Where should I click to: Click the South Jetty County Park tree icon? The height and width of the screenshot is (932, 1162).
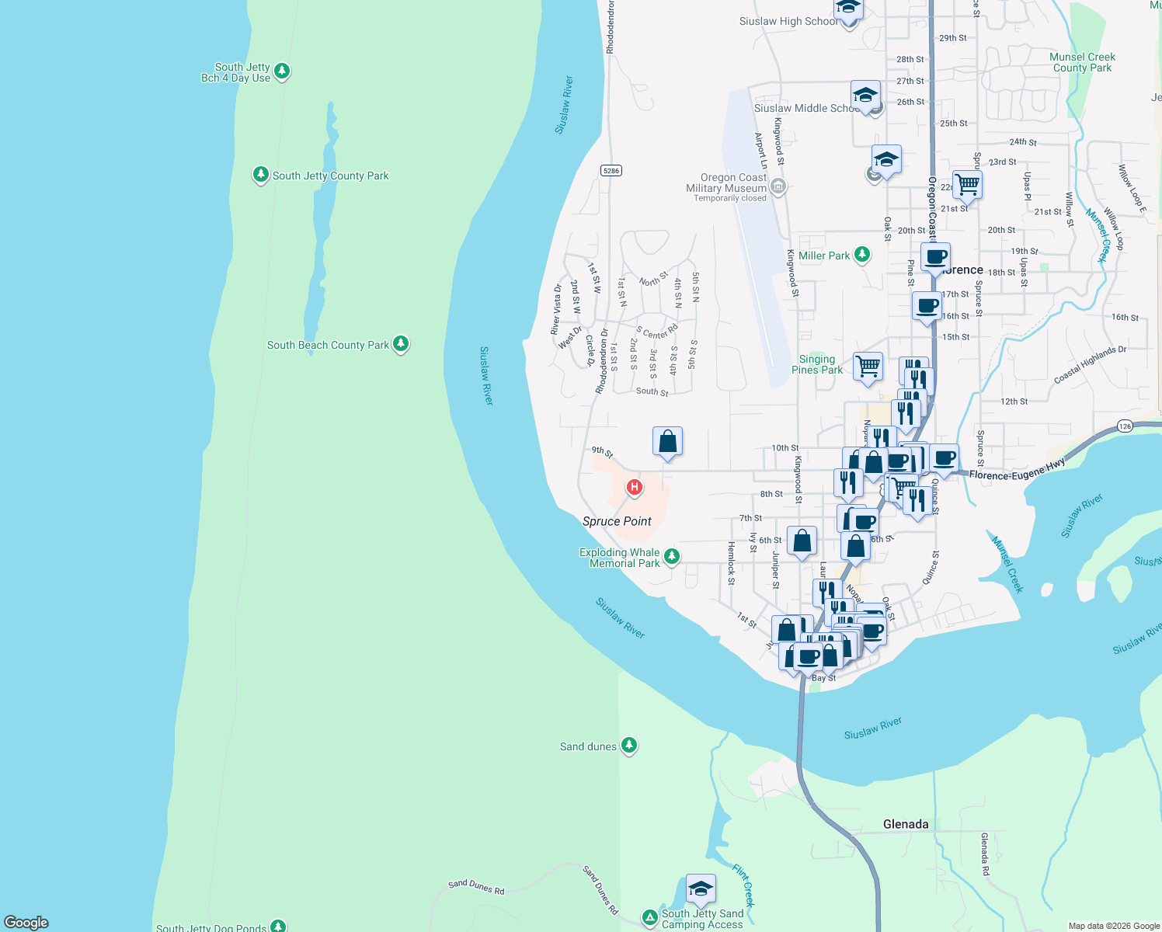point(261,175)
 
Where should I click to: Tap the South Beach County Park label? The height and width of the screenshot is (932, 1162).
point(328,345)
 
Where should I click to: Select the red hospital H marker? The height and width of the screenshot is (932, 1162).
point(635,488)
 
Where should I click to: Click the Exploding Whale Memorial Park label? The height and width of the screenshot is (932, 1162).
point(620,558)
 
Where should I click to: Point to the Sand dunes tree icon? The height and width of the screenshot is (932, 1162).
point(629,746)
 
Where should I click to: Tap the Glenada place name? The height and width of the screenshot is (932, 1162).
point(906,824)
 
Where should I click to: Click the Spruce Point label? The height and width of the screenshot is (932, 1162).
point(617,521)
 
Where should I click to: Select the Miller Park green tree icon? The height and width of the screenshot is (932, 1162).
point(861,255)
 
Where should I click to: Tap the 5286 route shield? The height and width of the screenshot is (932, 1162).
point(611,170)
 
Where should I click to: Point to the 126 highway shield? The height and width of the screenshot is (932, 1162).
point(1125,426)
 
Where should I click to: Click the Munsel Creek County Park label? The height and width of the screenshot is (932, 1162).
point(1082,62)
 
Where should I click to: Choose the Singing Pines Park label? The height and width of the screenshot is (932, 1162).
point(817,364)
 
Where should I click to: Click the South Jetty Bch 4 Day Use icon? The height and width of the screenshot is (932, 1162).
point(282,71)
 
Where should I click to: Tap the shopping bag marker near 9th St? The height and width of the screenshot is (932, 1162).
point(668,442)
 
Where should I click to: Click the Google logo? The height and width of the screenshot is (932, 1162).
point(26,922)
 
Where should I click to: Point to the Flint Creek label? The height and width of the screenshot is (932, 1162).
point(743,885)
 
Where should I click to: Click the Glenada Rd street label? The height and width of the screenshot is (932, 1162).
point(984,854)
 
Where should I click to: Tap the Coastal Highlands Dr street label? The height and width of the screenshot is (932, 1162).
point(1090,365)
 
